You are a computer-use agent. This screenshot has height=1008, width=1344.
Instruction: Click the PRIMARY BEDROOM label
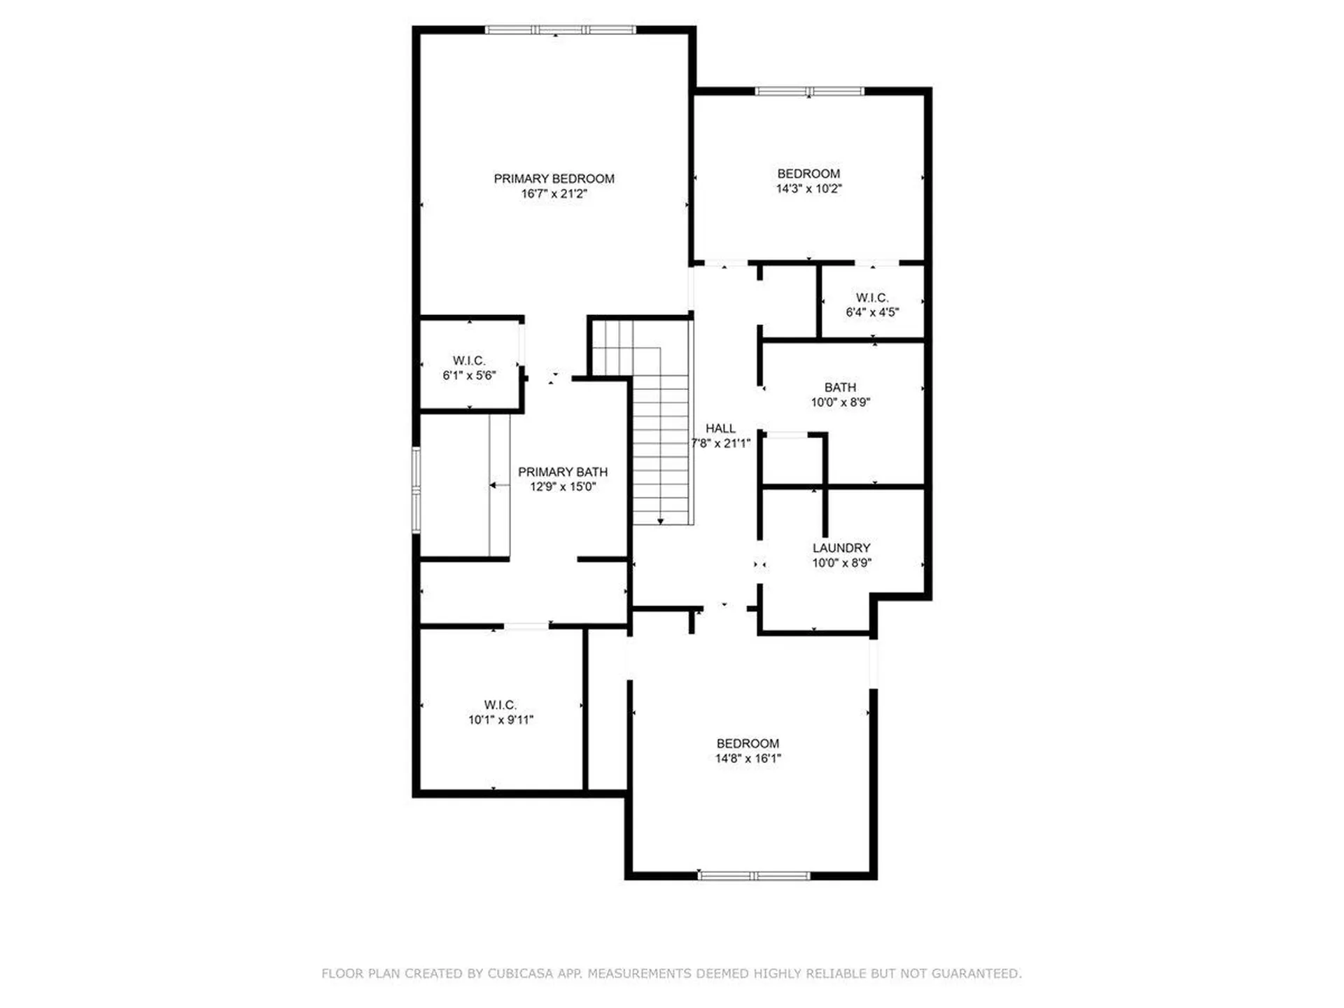[554, 178]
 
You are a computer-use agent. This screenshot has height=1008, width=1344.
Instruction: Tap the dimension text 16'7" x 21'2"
[554, 194]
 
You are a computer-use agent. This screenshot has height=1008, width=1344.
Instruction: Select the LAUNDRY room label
[841, 548]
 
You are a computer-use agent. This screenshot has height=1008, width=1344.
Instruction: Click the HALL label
[720, 428]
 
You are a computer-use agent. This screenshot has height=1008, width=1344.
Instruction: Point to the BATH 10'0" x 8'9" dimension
[840, 402]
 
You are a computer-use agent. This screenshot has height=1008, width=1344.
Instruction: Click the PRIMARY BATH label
[563, 472]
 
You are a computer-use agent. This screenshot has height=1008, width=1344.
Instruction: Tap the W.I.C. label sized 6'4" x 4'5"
[872, 297]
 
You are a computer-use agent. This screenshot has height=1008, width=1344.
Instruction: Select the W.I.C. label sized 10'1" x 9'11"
[500, 705]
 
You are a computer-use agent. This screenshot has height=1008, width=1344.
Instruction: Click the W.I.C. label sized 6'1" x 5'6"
[469, 360]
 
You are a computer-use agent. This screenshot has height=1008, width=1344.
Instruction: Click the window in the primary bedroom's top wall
[560, 30]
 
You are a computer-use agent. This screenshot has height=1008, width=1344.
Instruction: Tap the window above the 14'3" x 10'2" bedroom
[809, 91]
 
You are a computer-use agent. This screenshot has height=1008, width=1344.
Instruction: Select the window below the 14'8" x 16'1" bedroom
[754, 876]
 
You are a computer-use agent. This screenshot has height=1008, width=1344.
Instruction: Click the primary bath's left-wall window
[416, 490]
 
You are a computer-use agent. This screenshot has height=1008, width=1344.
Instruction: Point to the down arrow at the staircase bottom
[660, 521]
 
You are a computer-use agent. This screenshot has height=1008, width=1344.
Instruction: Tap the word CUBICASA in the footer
[520, 974]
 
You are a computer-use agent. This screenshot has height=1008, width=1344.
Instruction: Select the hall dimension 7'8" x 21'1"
[721, 443]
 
